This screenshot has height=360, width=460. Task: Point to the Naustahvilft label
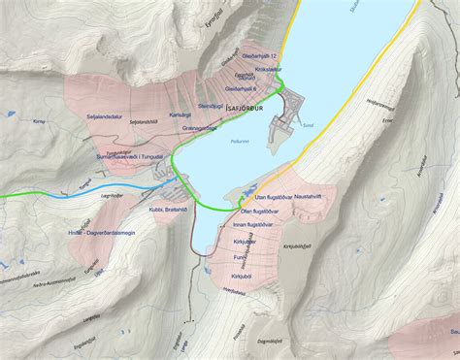tap(314, 196)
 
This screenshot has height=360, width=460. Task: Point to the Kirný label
tap(39, 123)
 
